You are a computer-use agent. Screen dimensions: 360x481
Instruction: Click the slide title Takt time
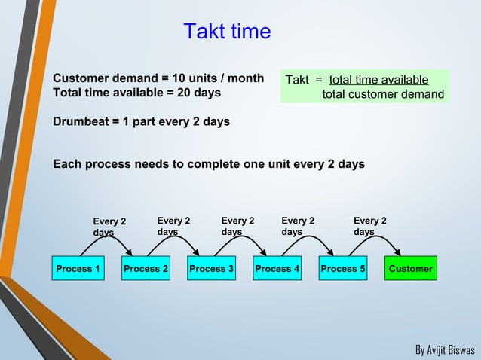(227, 32)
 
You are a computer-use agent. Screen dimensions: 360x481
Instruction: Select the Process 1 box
(78, 269)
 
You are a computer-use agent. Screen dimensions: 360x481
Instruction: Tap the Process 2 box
(146, 269)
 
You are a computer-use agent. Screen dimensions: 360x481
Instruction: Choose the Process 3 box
(212, 269)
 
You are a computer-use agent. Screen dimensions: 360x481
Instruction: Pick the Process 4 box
(277, 269)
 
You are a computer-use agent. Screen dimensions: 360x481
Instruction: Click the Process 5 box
(343, 269)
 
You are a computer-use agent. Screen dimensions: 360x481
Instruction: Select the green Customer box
(410, 269)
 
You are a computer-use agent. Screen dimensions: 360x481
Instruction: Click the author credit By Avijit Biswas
(445, 350)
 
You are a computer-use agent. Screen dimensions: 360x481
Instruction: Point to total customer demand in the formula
(383, 94)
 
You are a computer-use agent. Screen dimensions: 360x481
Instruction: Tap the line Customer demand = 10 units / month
(158, 78)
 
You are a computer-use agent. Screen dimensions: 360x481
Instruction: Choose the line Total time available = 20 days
(136, 93)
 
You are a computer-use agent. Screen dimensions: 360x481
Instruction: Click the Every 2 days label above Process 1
(109, 227)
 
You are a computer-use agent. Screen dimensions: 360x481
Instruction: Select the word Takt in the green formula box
(296, 80)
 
